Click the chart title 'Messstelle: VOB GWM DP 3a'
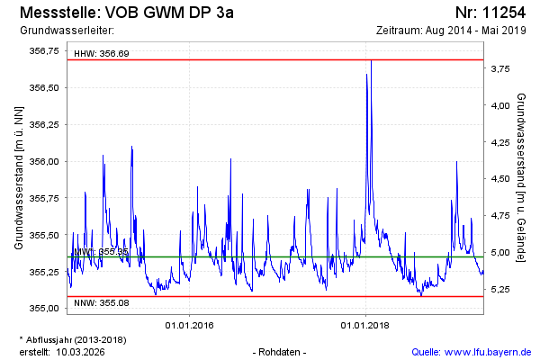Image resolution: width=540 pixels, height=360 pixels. (x=126, y=13)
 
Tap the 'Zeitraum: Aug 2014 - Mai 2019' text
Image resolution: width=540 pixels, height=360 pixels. (x=452, y=31)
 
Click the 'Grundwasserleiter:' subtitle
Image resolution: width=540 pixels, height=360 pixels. (x=61, y=31)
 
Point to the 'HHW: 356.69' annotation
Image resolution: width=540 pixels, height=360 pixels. (x=102, y=54)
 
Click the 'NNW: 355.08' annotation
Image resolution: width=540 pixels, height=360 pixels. (x=101, y=302)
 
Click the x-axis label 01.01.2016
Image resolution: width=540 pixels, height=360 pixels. (x=188, y=324)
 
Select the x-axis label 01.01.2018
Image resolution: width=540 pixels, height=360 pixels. (x=364, y=324)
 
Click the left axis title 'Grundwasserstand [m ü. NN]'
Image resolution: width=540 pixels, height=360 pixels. (x=18, y=175)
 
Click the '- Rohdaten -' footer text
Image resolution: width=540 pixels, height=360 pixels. (x=281, y=351)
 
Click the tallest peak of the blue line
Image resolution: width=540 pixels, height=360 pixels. (x=371, y=60)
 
